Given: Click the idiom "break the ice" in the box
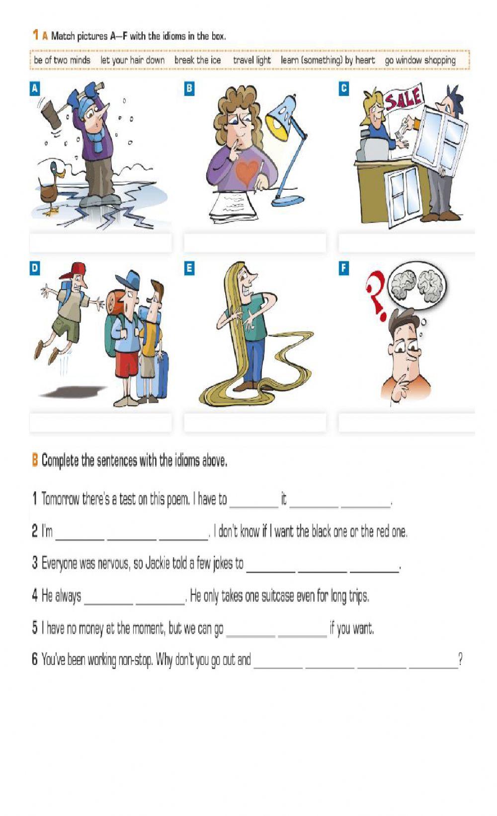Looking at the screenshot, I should coord(197,60).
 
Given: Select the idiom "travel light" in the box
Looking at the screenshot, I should coord(251,60).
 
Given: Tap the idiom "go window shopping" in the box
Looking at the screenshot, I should coord(420,60).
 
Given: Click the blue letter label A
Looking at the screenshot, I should coord(34,88).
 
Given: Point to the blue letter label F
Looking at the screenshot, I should coord(343,268).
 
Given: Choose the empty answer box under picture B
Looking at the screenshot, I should coord(255,243).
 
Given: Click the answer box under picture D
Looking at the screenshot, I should coord(100,423).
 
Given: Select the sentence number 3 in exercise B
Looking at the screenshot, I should coord(35,563).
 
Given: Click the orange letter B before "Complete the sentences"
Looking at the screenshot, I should coord(35,460).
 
